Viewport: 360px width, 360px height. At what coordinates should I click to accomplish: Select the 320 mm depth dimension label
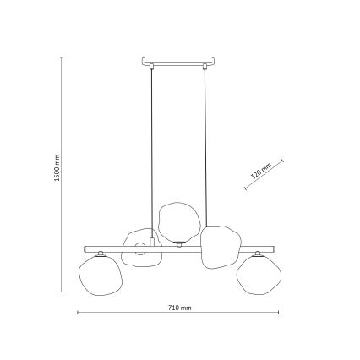pos(259,172)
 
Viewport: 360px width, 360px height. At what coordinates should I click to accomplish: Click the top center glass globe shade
pos(177,222)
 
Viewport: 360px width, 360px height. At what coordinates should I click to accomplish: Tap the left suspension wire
pos(153,152)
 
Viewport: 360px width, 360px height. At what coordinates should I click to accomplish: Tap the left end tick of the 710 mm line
pos(79,314)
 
